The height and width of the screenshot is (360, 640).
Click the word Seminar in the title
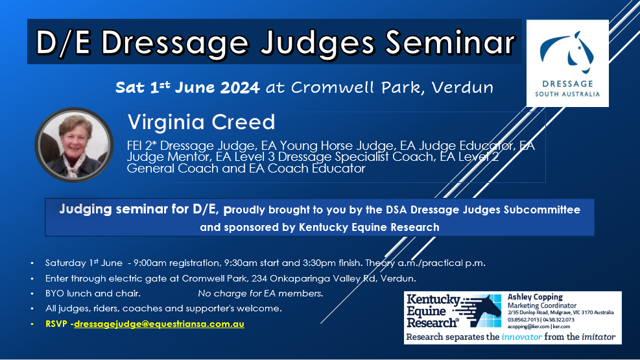point(450,42)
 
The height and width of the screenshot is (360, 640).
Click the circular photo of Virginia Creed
point(74,145)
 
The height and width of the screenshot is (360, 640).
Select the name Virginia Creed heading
point(201,122)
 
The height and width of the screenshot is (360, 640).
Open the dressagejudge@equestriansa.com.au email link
point(159,324)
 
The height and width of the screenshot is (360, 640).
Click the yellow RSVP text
point(56,324)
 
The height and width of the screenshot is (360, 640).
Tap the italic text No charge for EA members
point(261,293)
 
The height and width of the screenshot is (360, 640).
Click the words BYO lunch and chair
point(93,293)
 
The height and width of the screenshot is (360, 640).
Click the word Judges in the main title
point(318,43)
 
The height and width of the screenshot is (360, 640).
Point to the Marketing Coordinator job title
point(541,306)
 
